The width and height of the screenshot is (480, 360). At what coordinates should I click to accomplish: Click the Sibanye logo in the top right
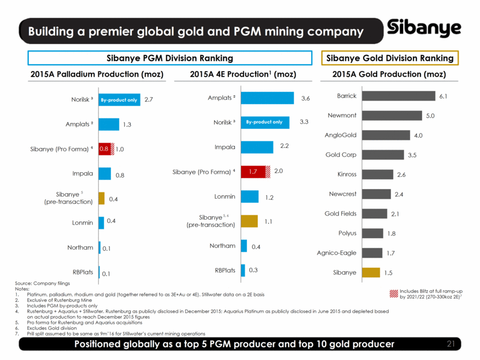point(424,28)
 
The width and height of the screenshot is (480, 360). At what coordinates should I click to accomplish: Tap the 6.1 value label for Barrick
point(444,96)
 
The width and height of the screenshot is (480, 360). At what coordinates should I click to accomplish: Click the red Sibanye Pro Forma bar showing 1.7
point(253,172)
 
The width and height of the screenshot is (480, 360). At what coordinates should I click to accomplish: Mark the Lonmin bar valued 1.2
point(250,196)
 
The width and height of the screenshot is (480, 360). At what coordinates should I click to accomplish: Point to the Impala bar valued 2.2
point(257,147)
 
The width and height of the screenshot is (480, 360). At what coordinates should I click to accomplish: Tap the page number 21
point(454,344)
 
